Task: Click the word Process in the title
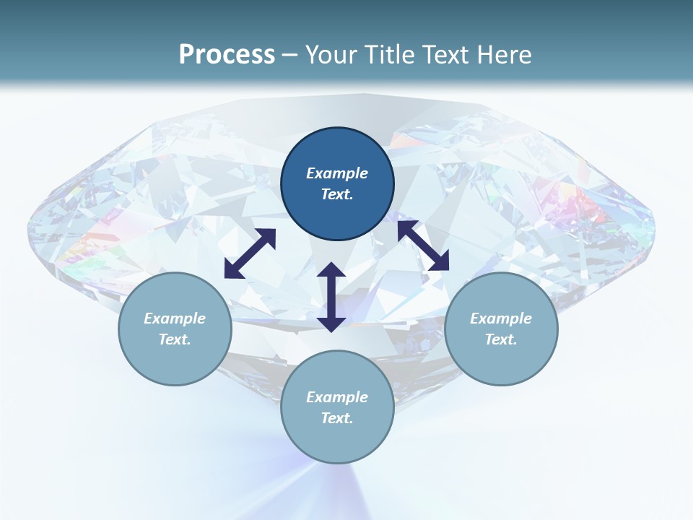pyautogui.click(x=227, y=55)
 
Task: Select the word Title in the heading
pyautogui.click(x=391, y=55)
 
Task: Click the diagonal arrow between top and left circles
pyautogui.click(x=250, y=253)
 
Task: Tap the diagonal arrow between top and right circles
pyautogui.click(x=423, y=246)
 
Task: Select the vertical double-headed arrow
pyautogui.click(x=331, y=297)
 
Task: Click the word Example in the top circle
pyautogui.click(x=337, y=173)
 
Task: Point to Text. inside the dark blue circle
pyautogui.click(x=337, y=194)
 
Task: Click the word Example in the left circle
pyautogui.click(x=175, y=318)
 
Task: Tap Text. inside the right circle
pyautogui.click(x=501, y=339)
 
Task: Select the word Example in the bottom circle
pyautogui.click(x=337, y=397)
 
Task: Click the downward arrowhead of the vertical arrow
pyautogui.click(x=331, y=324)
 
